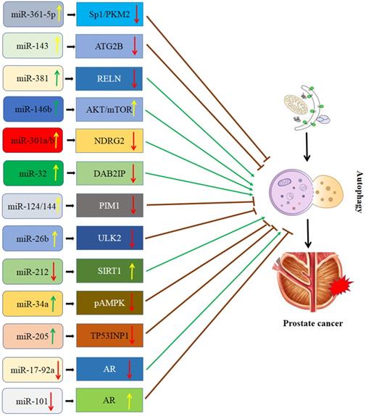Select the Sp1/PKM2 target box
click(112, 14)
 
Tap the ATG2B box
click(112, 47)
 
